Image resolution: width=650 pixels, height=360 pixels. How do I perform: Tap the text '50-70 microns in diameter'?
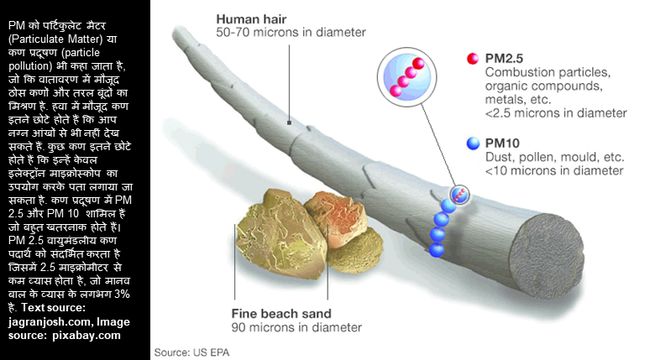point(291,33)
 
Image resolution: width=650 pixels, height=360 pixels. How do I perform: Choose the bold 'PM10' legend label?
point(503,143)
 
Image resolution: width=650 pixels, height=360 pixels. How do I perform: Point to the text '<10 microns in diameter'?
point(553,170)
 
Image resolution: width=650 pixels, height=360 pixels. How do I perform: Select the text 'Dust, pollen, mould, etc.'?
point(554,157)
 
